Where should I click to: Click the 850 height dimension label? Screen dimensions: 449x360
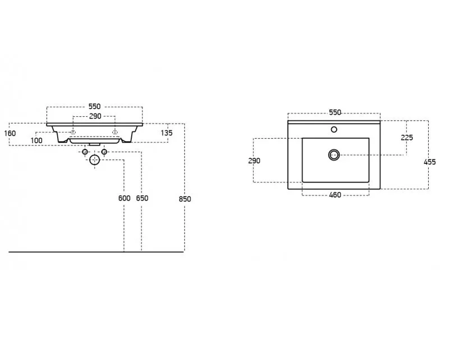[185, 199]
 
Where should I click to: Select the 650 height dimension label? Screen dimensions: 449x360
[142, 198]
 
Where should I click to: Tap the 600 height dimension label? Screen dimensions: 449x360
[124, 198]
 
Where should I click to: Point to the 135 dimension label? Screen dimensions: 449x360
[167, 133]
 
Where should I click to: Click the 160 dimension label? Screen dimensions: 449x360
[10, 133]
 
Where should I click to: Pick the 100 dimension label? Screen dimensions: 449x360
[36, 140]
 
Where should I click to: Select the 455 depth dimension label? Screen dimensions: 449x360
[430, 162]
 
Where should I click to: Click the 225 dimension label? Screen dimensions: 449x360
[407, 138]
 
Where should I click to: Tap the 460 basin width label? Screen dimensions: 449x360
[335, 195]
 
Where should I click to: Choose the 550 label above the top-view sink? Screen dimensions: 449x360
[335, 112]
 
